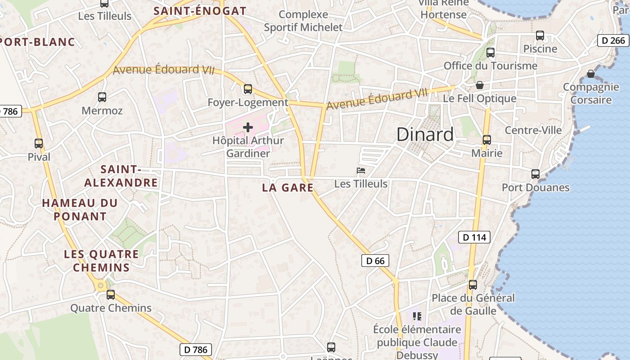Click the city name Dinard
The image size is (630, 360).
pyautogui.click(x=425, y=135)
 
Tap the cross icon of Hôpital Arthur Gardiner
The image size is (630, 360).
pyautogui.click(x=247, y=127)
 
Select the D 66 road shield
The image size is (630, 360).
pyautogui.click(x=375, y=261)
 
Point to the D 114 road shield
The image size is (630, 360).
pyautogui.click(x=475, y=237)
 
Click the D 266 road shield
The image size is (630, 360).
pyautogui.click(x=613, y=40)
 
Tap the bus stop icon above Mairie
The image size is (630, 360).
pyautogui.click(x=486, y=140)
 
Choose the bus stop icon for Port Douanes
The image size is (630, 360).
pyautogui.click(x=535, y=174)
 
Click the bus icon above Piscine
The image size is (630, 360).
pyautogui.click(x=540, y=36)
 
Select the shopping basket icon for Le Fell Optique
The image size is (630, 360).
pyautogui.click(x=480, y=85)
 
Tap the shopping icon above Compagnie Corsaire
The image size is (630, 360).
pyautogui.click(x=591, y=74)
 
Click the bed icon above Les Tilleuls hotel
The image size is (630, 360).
pyautogui.click(x=360, y=171)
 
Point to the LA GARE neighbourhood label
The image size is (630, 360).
pyautogui.click(x=288, y=188)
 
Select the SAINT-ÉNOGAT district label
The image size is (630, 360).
pyautogui.click(x=200, y=11)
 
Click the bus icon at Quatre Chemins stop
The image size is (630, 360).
pyautogui.click(x=111, y=295)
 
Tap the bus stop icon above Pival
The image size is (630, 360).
pyautogui.click(x=39, y=144)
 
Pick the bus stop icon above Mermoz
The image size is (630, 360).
pyautogui.click(x=102, y=97)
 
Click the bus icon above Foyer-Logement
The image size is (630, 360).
pyautogui.click(x=247, y=89)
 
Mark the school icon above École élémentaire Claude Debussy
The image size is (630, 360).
pyautogui.click(x=417, y=316)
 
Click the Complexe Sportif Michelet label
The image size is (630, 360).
pyautogui.click(x=303, y=21)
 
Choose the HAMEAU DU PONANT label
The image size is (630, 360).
pyautogui.click(x=80, y=210)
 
